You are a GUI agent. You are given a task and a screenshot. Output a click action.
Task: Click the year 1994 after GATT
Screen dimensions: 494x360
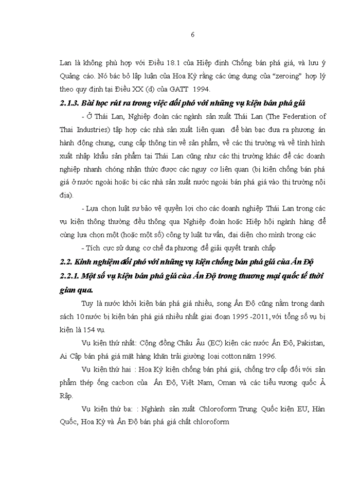click(x=213, y=90)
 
